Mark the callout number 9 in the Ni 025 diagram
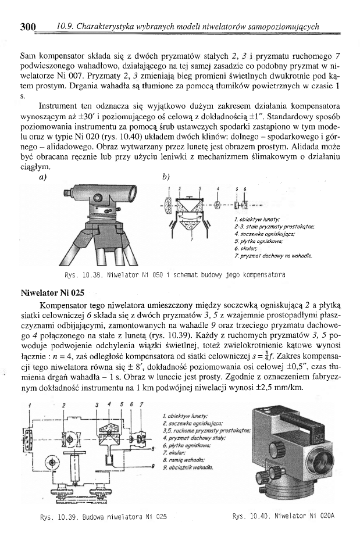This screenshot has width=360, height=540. (152, 466)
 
